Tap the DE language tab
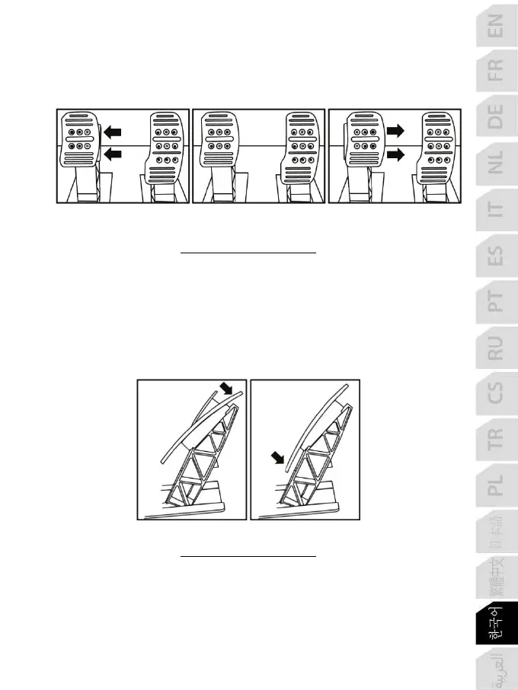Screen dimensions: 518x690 click(x=495, y=116)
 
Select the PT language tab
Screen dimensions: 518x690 click(x=495, y=305)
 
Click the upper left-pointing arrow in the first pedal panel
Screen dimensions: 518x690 click(x=114, y=131)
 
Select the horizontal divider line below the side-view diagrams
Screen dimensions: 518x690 click(x=248, y=556)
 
